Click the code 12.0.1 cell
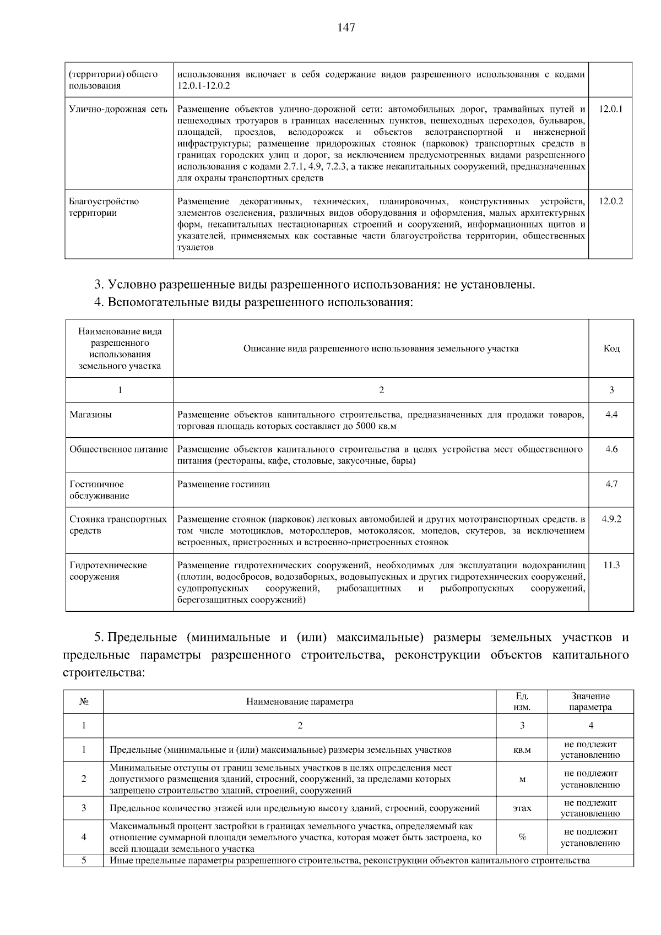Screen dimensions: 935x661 (610, 109)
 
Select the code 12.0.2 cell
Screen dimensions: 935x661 (610, 202)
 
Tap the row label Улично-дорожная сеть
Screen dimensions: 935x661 (118, 109)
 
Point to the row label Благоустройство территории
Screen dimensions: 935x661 (104, 207)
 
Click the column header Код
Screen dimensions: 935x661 (611, 349)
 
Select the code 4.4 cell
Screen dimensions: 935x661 (611, 415)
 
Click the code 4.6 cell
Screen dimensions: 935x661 (611, 449)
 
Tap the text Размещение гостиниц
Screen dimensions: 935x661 (224, 485)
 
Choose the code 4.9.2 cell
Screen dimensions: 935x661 (611, 519)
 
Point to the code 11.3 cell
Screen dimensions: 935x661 (611, 566)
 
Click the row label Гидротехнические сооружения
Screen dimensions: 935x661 (108, 571)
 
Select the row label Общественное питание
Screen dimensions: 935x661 (118, 449)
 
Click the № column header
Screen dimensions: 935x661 (84, 702)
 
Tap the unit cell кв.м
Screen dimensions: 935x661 (522, 750)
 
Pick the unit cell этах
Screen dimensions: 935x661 (522, 808)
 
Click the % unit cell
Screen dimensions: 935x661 (522, 837)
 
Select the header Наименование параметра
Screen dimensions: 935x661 (300, 702)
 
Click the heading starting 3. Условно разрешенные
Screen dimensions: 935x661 (315, 285)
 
